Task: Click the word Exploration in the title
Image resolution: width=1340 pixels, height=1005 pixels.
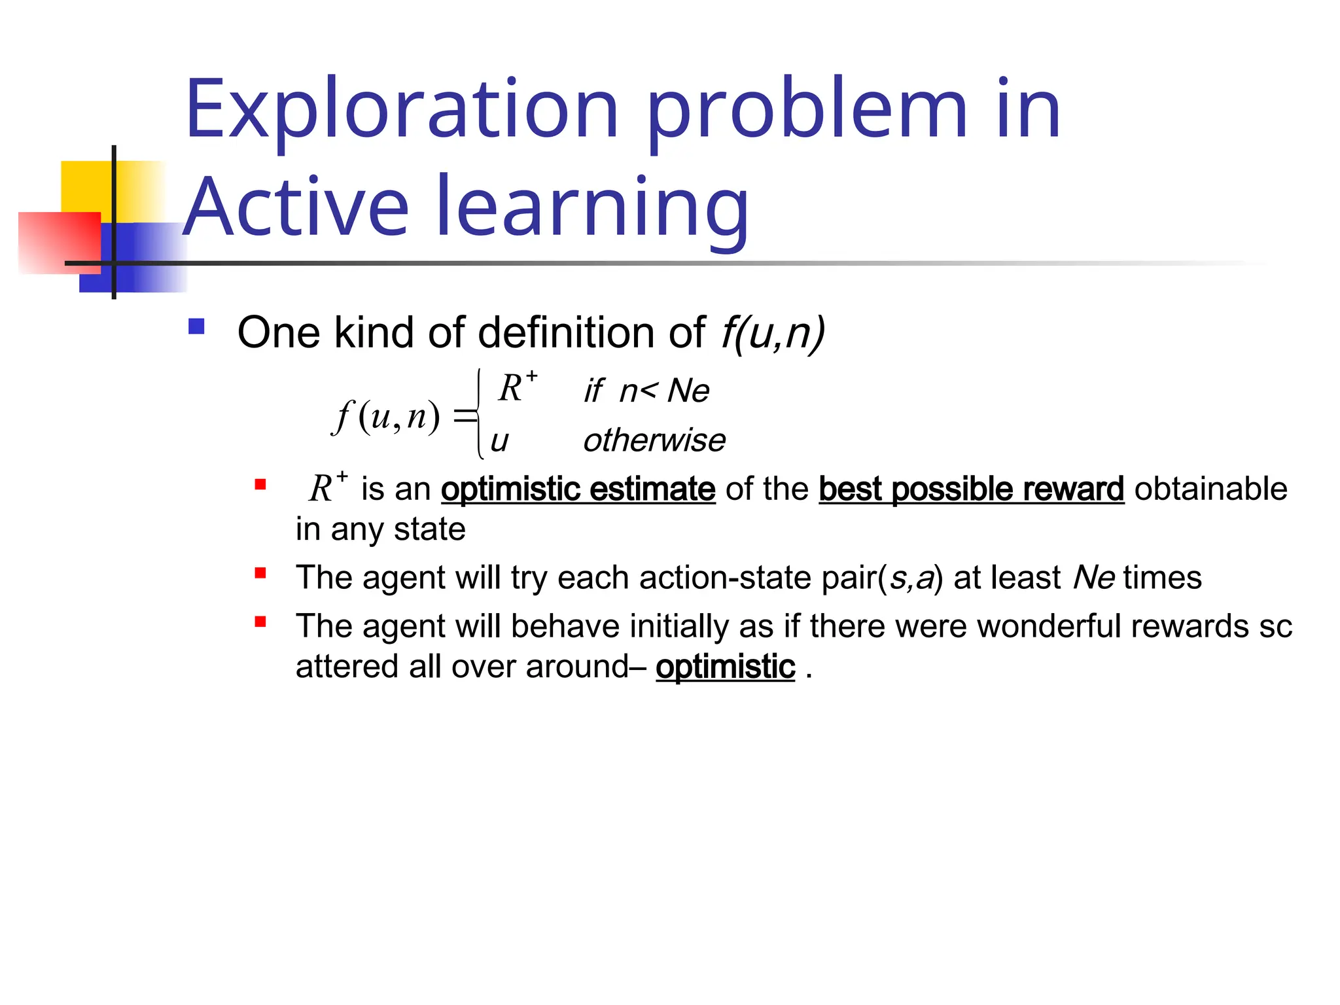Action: click(x=401, y=109)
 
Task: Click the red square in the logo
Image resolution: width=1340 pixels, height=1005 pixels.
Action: click(x=59, y=242)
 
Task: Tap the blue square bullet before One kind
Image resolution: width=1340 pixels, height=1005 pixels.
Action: click(x=196, y=326)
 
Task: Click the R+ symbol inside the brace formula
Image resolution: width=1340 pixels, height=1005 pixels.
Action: click(x=517, y=387)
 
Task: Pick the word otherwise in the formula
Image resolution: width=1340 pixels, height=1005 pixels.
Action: click(x=654, y=440)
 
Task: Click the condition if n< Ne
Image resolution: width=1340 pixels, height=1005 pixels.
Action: click(x=646, y=391)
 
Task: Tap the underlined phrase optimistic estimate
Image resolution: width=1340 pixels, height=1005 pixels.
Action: click(x=578, y=489)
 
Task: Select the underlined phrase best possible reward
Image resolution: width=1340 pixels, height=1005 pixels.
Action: click(x=971, y=489)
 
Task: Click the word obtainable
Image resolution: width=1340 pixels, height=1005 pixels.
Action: click(x=1210, y=489)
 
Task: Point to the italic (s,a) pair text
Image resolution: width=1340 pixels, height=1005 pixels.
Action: click(x=910, y=578)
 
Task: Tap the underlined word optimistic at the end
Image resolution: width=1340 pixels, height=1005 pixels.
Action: click(x=725, y=667)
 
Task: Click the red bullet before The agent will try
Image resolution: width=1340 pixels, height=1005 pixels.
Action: click(x=260, y=574)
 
